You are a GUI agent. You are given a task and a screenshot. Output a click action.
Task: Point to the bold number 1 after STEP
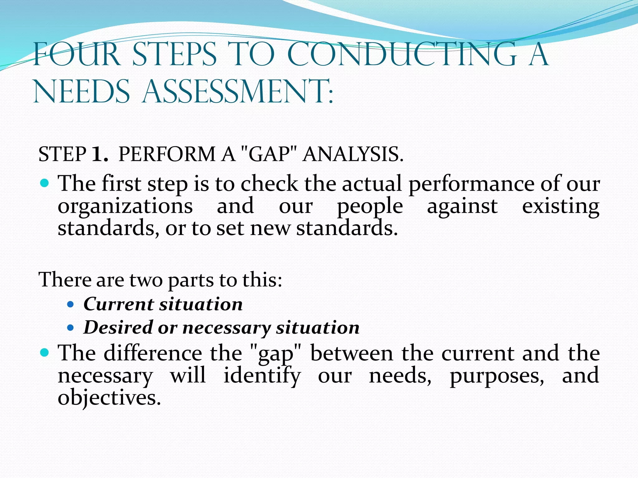[x=99, y=154]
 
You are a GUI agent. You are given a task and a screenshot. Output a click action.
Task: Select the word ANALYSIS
[x=353, y=154]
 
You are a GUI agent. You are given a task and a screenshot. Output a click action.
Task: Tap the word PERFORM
[x=167, y=154]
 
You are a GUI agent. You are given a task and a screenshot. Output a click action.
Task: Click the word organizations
[x=125, y=206]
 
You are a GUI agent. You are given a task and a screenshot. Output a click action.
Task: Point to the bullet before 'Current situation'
[x=70, y=304]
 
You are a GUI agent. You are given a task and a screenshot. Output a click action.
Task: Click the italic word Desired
[x=118, y=327]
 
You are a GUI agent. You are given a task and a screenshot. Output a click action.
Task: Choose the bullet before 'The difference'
[x=45, y=353]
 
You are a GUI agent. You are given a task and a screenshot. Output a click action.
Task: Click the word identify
[x=262, y=376]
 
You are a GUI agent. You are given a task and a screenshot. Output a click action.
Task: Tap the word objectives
[x=109, y=398]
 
